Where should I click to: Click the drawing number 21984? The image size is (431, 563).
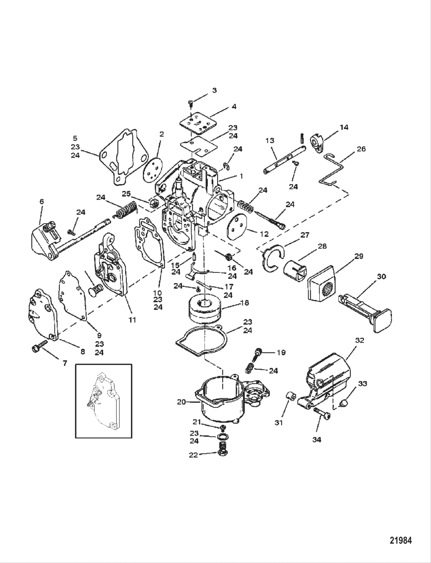click(x=400, y=541)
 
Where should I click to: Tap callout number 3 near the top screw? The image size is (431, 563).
click(x=214, y=90)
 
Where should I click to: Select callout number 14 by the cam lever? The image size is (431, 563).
click(x=344, y=127)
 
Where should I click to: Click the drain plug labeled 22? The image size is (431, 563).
click(x=222, y=450)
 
